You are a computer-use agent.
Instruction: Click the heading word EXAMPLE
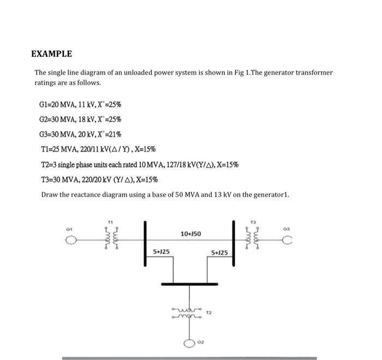click(51, 54)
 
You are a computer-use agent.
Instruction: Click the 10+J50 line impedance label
click(189, 233)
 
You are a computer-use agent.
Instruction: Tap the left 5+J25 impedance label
click(161, 253)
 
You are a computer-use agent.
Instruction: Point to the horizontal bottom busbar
click(190, 284)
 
